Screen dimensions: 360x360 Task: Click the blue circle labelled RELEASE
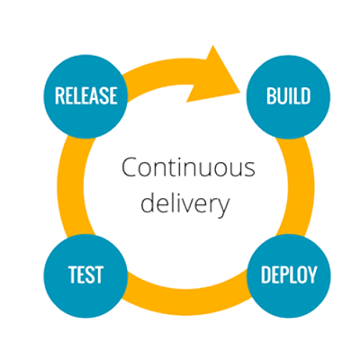tap(85, 96)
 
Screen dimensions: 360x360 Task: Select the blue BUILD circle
tap(288, 96)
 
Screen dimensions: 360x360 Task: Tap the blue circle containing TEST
tap(85, 275)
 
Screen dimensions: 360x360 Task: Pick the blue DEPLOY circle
tap(289, 275)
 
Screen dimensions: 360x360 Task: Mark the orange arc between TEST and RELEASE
tap(70, 186)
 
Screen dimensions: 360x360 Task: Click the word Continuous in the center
tap(188, 167)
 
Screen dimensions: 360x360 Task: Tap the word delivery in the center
tap(185, 203)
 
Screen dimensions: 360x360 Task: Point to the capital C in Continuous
tap(130, 167)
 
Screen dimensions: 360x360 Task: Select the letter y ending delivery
tap(223, 207)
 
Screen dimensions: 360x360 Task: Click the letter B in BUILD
tap(271, 96)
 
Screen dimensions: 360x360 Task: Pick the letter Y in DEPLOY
tap(312, 274)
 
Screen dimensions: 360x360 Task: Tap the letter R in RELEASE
tap(59, 95)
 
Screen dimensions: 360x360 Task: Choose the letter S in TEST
tap(89, 274)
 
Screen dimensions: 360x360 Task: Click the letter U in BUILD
tap(281, 96)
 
